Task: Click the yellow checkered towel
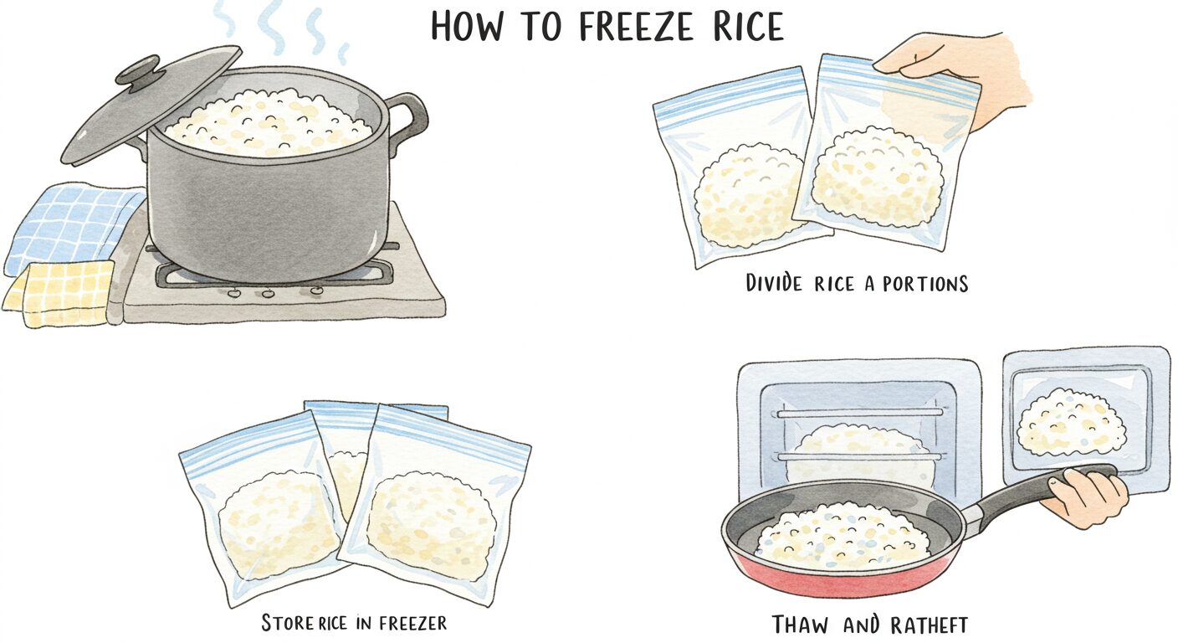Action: (59, 292)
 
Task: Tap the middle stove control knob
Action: (269, 292)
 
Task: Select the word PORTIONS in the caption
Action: (925, 284)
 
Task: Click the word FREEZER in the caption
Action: (412, 623)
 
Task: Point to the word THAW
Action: (799, 625)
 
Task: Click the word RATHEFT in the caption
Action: (929, 625)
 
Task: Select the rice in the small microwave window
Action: (1071, 421)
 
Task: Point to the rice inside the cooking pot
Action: (269, 124)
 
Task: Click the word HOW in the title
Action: (466, 26)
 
